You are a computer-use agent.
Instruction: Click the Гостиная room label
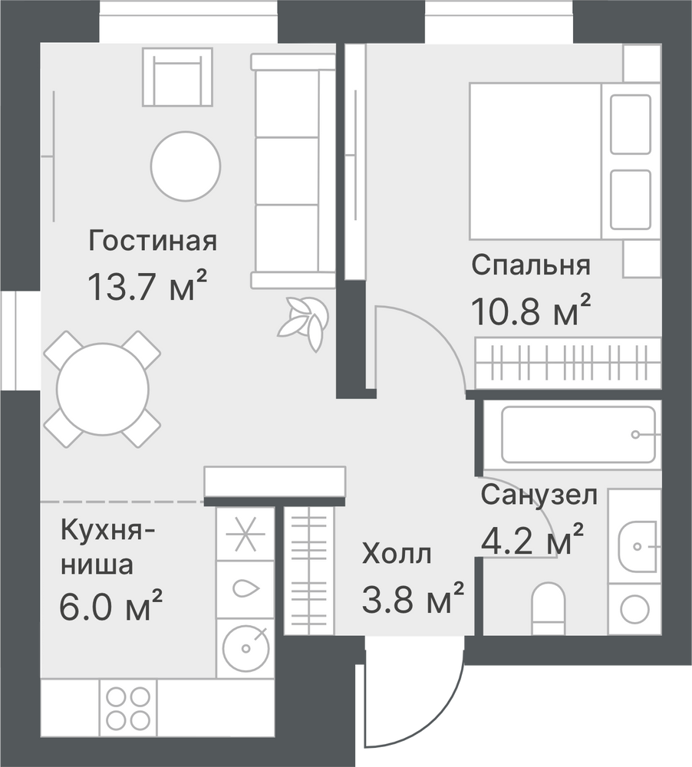coord(152,241)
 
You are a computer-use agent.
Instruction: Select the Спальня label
coord(531,265)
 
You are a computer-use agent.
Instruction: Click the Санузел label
coord(539,495)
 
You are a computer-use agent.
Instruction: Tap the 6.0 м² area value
coord(110,605)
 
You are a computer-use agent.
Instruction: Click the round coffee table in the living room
coord(186,166)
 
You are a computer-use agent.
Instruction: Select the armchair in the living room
coord(178,77)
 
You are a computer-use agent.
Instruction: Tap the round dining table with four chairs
coord(102,389)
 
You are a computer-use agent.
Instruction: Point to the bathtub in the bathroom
coord(578,434)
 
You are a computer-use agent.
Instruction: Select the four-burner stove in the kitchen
coord(128,706)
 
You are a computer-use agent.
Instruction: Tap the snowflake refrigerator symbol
coord(245,534)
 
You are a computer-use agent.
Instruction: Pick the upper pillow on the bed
coord(631,124)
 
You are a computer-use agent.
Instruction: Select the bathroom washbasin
coord(638,545)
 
